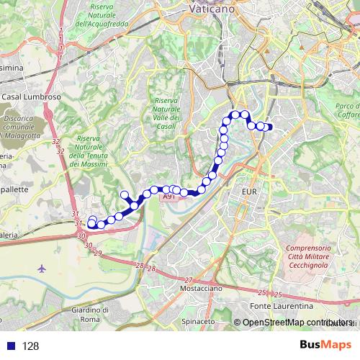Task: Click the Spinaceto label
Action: click(x=198, y=320)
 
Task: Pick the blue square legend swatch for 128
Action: click(x=9, y=346)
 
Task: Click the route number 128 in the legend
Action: click(x=31, y=346)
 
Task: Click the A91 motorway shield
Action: click(x=168, y=196)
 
